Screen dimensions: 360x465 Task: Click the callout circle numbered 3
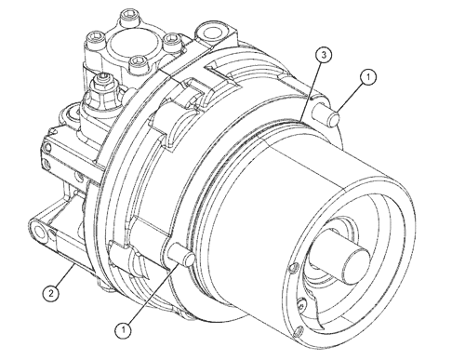tap(321, 57)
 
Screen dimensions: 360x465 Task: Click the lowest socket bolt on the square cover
tap(138, 66)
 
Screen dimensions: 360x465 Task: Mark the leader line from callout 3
tap(311, 88)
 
